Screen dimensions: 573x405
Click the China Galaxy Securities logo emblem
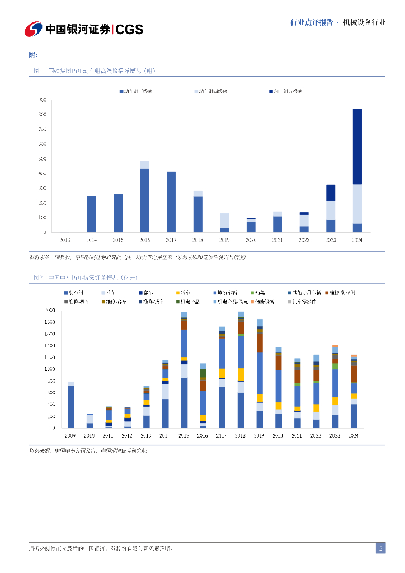tap(33, 29)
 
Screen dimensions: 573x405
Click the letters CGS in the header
tap(129, 29)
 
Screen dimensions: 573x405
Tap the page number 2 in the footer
tap(380, 548)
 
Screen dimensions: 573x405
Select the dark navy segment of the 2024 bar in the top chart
tap(357, 146)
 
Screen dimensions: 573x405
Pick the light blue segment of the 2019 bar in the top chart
tap(224, 220)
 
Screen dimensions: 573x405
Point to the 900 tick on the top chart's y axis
tap(43, 100)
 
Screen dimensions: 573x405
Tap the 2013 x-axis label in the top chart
tap(65, 240)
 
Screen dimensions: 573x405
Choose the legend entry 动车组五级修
tap(288, 91)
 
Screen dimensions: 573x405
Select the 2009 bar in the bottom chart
tap(71, 406)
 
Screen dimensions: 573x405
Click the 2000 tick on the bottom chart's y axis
tap(50, 310)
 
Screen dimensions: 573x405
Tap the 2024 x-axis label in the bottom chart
tap(354, 435)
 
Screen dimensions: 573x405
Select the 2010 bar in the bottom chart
tap(90, 421)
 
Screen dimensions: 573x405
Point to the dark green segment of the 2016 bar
tap(203, 373)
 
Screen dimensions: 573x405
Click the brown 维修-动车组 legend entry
tap(342, 293)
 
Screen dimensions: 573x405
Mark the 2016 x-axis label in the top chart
tap(144, 240)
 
